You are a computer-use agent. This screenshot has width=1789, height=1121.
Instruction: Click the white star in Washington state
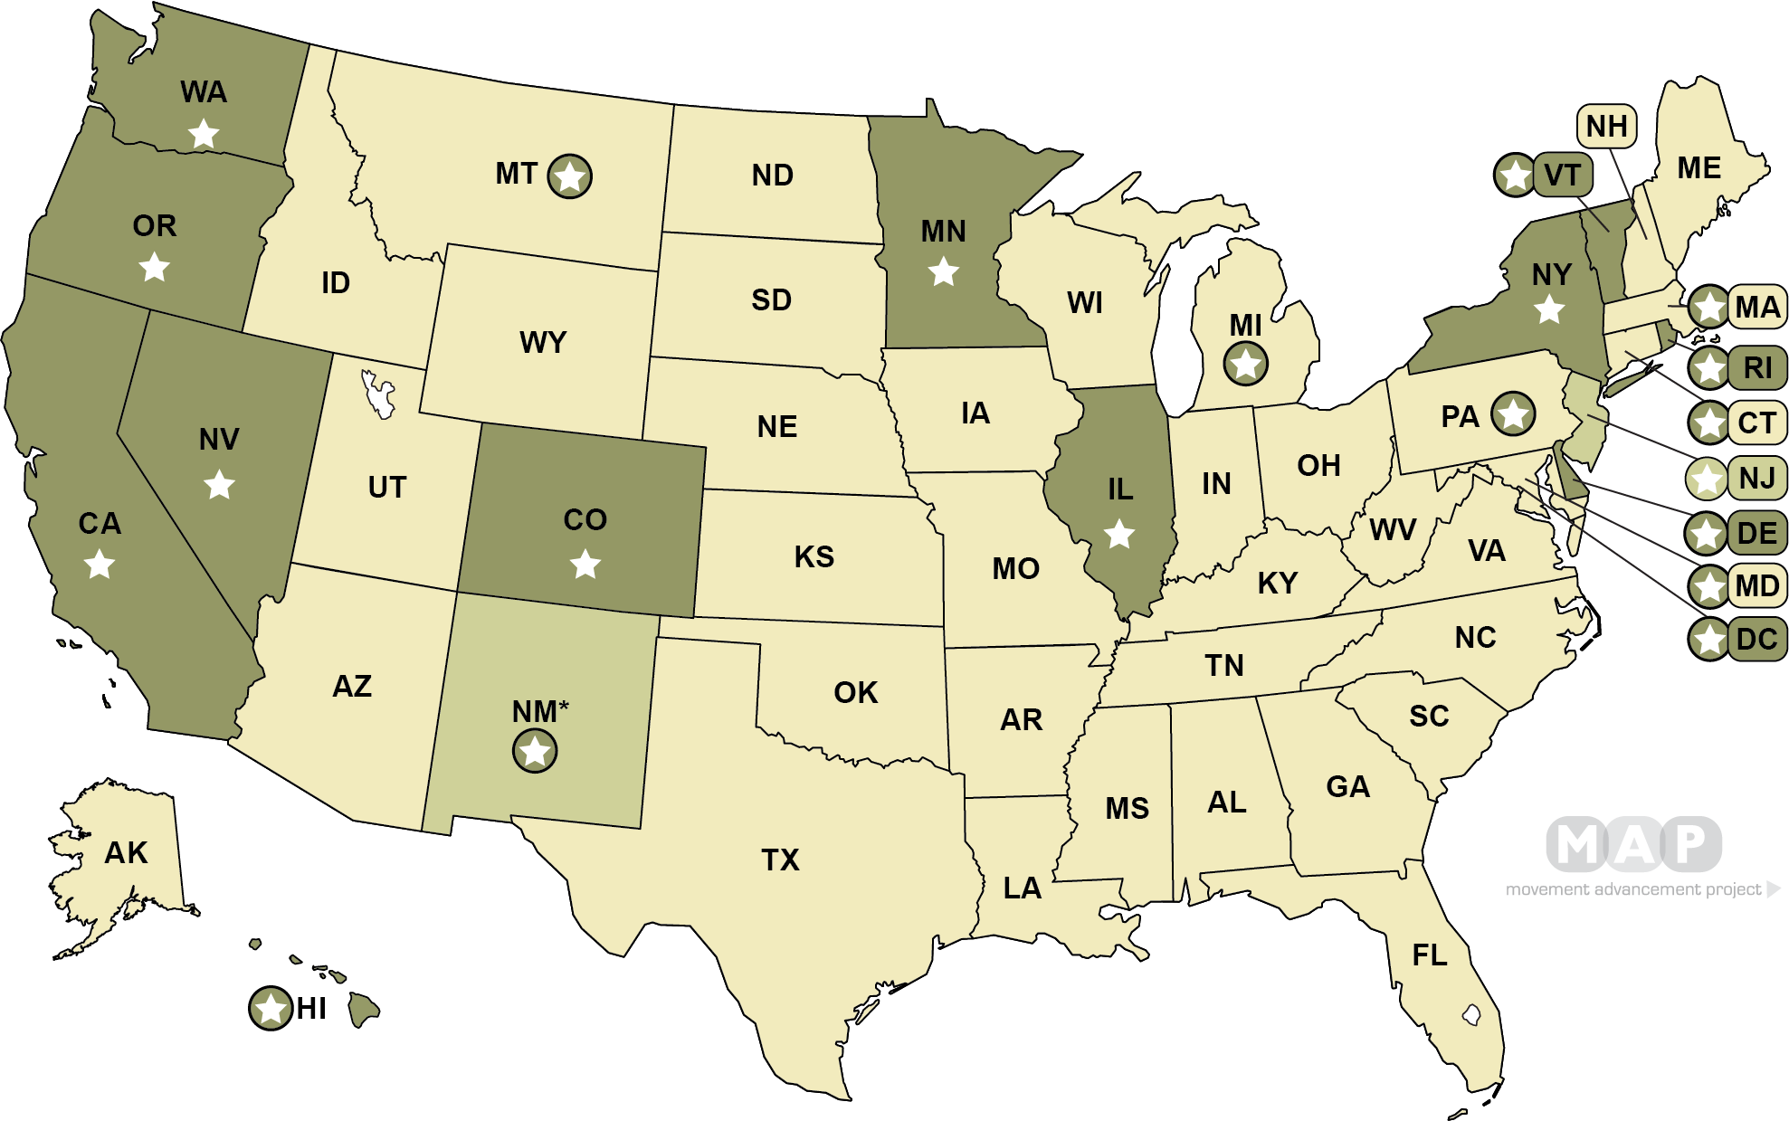204,135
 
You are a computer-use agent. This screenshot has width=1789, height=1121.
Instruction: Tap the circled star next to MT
570,176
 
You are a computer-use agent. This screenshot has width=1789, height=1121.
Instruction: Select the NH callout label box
1607,126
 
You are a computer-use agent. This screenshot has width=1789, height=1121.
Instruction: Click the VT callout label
1563,175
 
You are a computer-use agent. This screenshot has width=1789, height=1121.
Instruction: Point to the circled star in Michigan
1246,364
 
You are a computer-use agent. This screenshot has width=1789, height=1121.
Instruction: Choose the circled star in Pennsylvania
1513,414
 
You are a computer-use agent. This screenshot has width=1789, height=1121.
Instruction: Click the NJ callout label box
1757,477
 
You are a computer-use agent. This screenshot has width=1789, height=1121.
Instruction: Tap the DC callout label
1756,640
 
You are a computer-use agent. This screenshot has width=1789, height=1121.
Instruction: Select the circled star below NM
535,751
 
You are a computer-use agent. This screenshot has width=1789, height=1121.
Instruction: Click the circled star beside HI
270,1008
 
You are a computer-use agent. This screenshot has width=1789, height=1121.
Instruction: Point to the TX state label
780,860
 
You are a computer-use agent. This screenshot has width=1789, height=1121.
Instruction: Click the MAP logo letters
1633,844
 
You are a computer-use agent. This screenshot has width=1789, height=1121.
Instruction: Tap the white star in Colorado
585,565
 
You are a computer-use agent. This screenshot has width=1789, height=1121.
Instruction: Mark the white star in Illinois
1119,534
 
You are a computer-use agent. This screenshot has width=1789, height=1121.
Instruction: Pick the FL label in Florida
1430,955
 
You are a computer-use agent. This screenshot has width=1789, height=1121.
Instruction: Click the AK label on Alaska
126,852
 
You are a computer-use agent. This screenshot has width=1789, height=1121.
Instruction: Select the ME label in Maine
1699,168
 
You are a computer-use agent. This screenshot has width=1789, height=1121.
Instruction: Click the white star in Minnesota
944,271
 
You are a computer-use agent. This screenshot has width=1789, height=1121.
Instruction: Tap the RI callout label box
1757,367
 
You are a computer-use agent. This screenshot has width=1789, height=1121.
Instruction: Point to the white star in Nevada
219,484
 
